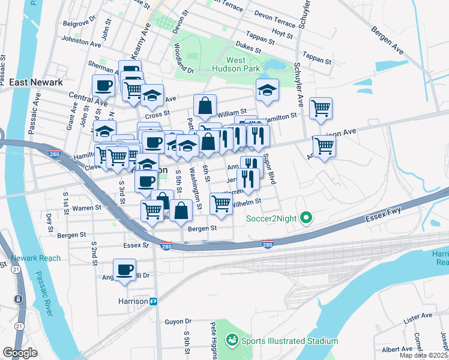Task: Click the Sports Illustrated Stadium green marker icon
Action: pos(232,340)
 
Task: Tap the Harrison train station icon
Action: pos(154,301)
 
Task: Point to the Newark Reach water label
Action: pos(35,258)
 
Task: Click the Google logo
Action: pos(20,353)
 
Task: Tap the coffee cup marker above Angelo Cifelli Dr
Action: pos(124,269)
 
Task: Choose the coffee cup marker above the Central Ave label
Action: pos(103,85)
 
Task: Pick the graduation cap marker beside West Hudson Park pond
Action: pos(267,90)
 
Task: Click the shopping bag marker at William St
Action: pos(205,106)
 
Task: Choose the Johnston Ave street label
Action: pos(81,43)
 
